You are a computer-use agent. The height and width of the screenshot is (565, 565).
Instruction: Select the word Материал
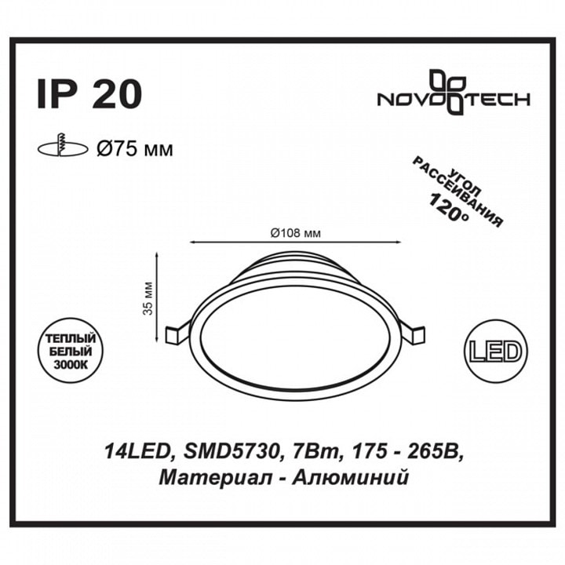202,476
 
